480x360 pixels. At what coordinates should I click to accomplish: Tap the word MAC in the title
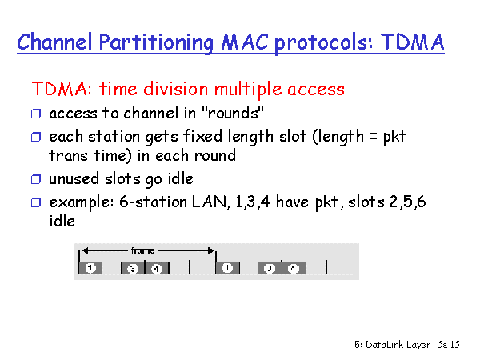(245, 42)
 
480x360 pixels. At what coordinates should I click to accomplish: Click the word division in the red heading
(176, 89)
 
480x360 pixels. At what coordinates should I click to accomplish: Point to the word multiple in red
(248, 90)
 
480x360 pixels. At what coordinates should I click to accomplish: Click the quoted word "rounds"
(233, 113)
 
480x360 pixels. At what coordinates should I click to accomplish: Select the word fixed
(202, 136)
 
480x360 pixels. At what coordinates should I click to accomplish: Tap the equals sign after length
(373, 136)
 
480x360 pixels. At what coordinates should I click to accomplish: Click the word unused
(74, 178)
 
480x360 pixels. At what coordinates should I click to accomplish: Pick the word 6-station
(153, 202)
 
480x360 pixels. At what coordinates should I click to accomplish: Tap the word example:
(82, 202)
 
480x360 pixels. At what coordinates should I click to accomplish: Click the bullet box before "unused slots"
(36, 179)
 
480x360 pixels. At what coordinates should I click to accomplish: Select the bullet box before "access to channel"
(36, 114)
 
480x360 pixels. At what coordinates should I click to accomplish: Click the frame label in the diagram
(142, 250)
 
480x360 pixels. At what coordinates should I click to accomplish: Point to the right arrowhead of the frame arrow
(211, 250)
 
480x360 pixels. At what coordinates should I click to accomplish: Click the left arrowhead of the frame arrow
(85, 250)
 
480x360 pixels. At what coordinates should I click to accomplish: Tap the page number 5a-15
(449, 345)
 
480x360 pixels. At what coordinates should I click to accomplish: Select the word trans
(68, 155)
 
